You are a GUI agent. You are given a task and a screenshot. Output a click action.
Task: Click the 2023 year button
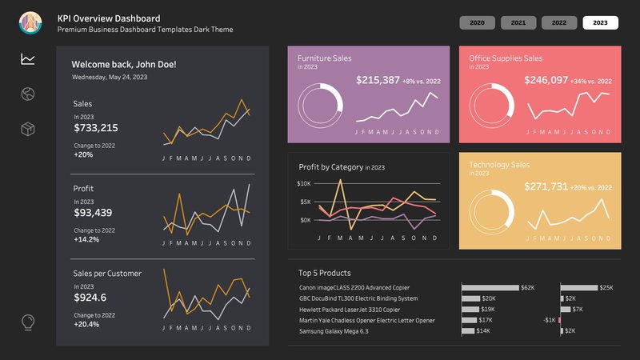point(600,22)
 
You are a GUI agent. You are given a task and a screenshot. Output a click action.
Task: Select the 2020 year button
point(478,22)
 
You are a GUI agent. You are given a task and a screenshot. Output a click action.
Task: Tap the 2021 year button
point(518,22)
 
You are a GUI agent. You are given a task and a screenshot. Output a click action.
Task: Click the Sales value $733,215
point(96,128)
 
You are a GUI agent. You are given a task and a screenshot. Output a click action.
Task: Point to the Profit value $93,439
point(93,213)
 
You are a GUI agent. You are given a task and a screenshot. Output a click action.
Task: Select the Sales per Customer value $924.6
point(90,298)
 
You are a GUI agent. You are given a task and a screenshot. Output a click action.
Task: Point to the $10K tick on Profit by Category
point(304,183)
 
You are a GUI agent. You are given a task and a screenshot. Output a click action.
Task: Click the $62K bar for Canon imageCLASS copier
point(490,287)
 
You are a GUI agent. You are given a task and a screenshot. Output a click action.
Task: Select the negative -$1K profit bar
point(559,320)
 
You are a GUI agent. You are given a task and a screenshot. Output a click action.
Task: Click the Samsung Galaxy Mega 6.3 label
point(334,331)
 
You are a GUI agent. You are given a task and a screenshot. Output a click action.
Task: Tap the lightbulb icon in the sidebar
point(28,322)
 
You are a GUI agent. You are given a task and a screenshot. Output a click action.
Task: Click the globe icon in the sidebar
point(28,94)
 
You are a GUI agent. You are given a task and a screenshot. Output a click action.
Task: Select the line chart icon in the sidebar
point(28,59)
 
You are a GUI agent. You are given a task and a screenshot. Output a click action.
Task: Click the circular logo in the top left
point(30,23)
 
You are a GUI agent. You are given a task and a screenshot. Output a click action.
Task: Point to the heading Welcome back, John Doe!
point(124,64)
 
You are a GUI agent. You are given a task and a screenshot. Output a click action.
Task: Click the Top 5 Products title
point(324,273)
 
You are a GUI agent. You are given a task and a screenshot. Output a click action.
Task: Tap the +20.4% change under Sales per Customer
point(88,325)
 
